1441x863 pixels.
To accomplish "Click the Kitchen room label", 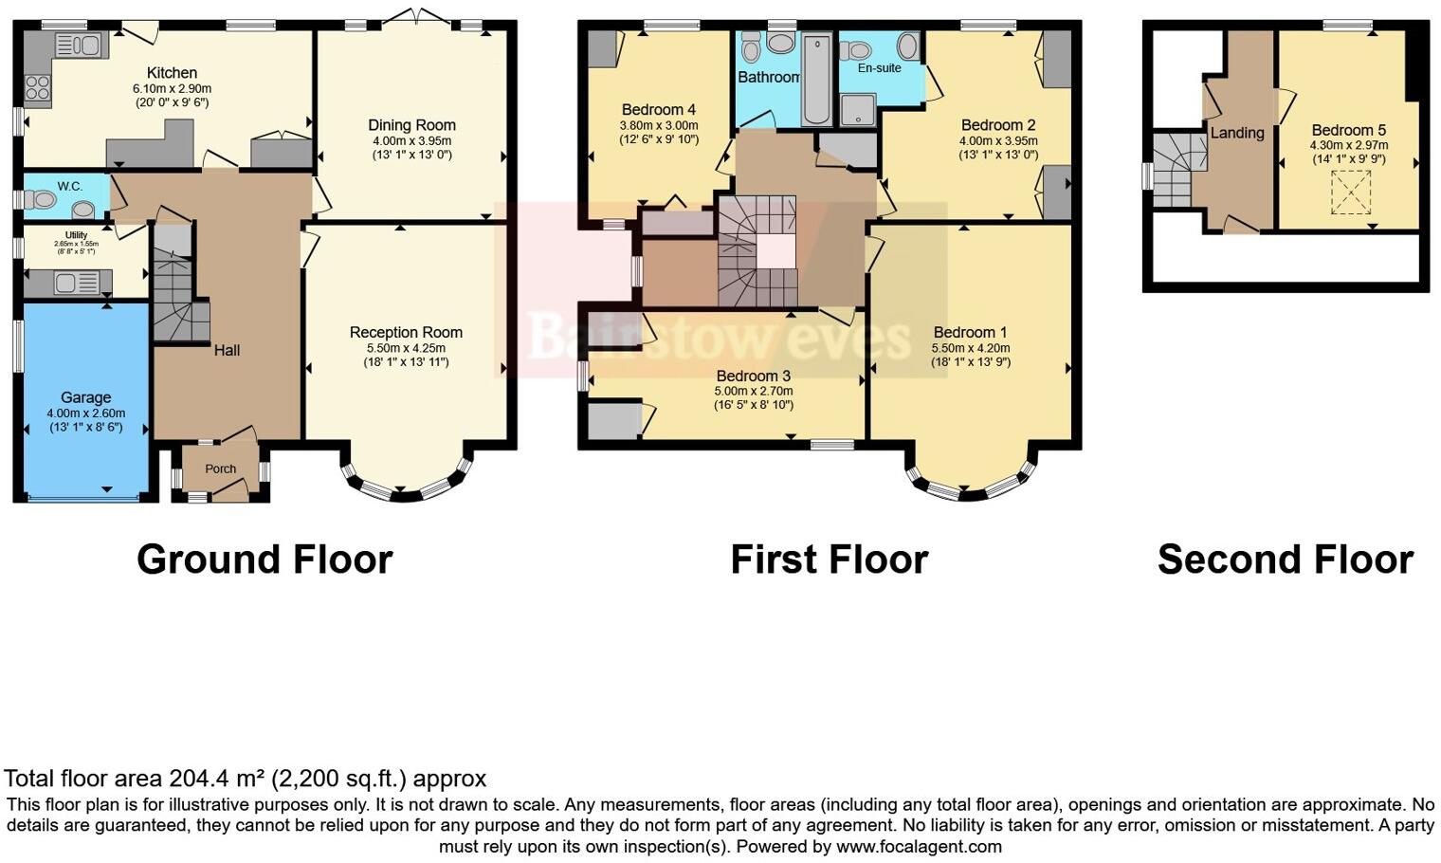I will click(172, 73).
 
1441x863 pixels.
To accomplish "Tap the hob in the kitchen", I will click(38, 88).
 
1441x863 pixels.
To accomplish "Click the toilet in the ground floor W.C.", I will click(41, 199).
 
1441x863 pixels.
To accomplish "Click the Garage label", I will click(85, 397).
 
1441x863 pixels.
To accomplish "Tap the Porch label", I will click(221, 468).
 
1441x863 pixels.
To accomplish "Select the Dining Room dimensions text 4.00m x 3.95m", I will click(411, 140).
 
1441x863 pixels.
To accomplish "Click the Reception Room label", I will click(406, 332).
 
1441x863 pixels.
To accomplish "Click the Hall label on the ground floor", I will click(227, 350).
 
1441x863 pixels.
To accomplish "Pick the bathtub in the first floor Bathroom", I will click(816, 81).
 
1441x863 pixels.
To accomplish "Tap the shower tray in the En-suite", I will click(859, 109).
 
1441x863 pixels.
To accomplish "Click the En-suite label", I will click(879, 68).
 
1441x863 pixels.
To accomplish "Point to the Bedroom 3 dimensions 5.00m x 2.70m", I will click(754, 391).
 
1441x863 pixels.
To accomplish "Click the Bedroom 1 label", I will click(970, 332).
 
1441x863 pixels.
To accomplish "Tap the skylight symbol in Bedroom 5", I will click(1350, 193).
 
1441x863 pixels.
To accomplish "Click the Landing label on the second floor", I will click(1237, 133).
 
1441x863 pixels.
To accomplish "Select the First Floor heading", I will click(829, 560).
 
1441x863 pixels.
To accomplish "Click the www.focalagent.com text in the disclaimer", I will click(919, 846).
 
